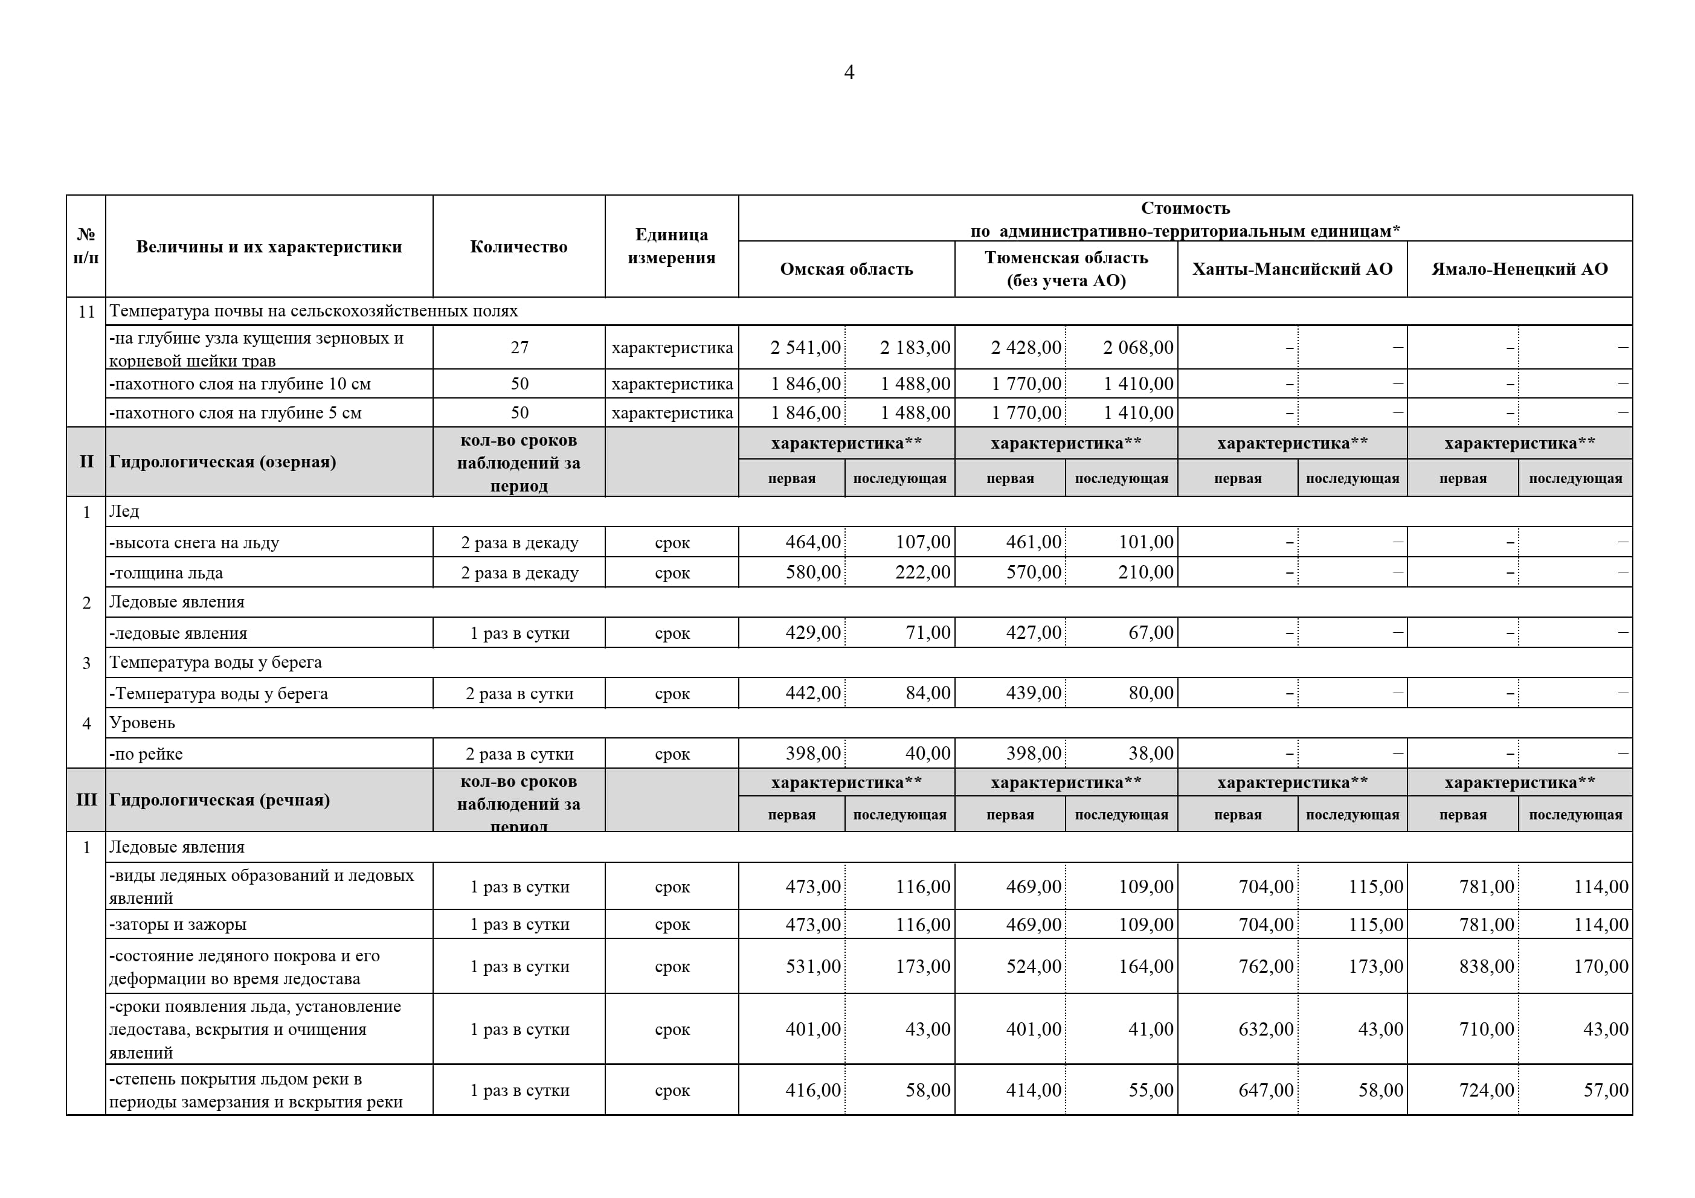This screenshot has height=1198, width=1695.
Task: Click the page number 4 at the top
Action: (x=849, y=72)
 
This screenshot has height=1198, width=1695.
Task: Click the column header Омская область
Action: (x=846, y=269)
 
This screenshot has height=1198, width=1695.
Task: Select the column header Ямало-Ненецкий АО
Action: (x=1519, y=269)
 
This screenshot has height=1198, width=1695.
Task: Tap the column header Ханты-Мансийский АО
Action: (x=1292, y=269)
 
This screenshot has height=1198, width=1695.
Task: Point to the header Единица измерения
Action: (x=671, y=246)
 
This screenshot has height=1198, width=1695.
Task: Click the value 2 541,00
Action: (x=805, y=348)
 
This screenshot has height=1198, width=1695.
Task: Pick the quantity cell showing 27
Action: (x=519, y=348)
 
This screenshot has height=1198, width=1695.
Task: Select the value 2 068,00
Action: (x=1137, y=348)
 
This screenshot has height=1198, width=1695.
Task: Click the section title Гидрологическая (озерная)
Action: (x=223, y=462)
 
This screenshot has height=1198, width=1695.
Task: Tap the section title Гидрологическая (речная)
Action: (x=219, y=800)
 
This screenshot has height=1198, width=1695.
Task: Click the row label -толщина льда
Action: (x=166, y=573)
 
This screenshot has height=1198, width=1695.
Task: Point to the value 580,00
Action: (x=813, y=572)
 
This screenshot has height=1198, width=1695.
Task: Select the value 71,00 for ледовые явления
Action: (x=928, y=633)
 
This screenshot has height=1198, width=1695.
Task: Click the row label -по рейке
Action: (x=146, y=754)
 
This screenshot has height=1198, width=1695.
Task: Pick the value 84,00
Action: (x=928, y=693)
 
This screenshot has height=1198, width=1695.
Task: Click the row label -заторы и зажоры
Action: (x=178, y=925)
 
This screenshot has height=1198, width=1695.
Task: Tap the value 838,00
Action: (x=1486, y=967)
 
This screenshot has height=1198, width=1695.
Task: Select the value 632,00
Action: (x=1266, y=1030)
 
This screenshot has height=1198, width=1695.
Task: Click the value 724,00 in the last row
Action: (x=1486, y=1091)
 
